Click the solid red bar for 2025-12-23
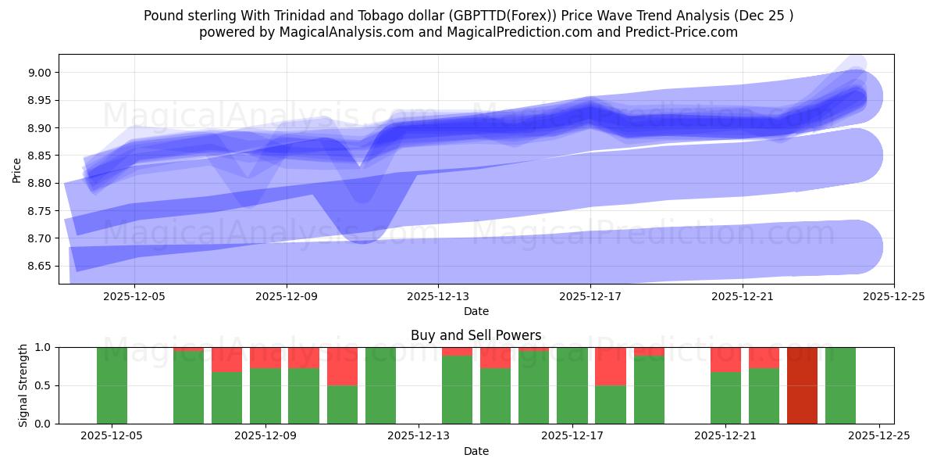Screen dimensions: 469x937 click(802, 385)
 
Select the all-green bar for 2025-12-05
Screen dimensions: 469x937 click(112, 385)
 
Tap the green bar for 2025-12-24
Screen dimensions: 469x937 click(840, 385)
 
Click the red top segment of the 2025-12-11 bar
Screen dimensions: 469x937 click(342, 366)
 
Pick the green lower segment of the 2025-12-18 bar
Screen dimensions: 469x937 click(610, 404)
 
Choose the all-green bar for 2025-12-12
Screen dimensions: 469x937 click(380, 385)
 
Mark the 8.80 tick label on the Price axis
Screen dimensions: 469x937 click(39, 183)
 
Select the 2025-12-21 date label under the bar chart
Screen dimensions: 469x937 click(726, 436)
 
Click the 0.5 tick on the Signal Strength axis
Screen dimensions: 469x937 click(44, 385)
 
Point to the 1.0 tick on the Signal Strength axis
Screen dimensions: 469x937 click(44, 347)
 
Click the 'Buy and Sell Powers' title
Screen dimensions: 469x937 click(476, 335)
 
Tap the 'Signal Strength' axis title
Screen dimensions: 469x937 click(23, 385)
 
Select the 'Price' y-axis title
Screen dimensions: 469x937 click(17, 169)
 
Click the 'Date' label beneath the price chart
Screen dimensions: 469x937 click(476, 311)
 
